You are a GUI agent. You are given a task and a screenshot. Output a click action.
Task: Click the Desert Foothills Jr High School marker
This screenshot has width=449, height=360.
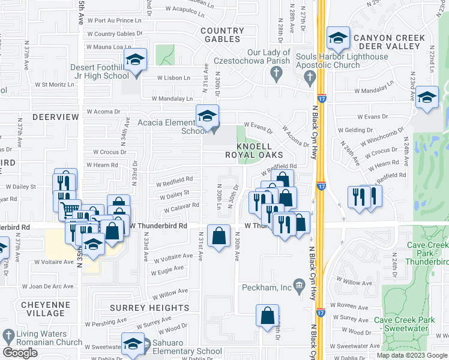pyautogui.click(x=136, y=61)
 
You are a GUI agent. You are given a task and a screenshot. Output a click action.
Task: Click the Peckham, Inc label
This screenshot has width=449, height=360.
pyautogui.click(x=266, y=288)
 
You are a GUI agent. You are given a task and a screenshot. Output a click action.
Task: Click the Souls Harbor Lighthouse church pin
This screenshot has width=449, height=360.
pyautogui.click(x=310, y=76)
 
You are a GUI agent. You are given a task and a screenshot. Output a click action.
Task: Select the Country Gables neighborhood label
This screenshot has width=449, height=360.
pyautogui.click(x=223, y=35)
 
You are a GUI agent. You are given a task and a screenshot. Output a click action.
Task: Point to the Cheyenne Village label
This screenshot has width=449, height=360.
pyautogui.click(x=43, y=309)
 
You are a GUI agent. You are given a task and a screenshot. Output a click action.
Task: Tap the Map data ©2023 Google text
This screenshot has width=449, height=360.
pyautogui.click(x=411, y=355)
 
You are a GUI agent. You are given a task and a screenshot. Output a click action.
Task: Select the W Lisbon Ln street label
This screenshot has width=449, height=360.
pyautogui.click(x=174, y=78)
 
